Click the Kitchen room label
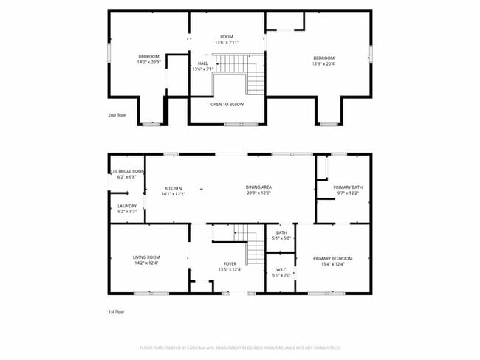click(173, 188)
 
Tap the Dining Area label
click(258, 187)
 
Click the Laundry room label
click(127, 206)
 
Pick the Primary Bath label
click(347, 187)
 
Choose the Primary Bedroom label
click(332, 258)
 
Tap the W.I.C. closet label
click(281, 269)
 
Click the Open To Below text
click(227, 104)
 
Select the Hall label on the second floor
click(202, 63)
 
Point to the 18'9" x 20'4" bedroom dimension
click(323, 63)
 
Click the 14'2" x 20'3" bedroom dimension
click(149, 63)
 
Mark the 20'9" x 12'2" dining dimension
click(258, 193)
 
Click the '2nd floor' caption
click(117, 115)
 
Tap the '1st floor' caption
click(117, 312)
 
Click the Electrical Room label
click(128, 171)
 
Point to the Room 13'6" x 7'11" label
click(227, 39)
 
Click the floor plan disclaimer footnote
click(239, 347)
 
